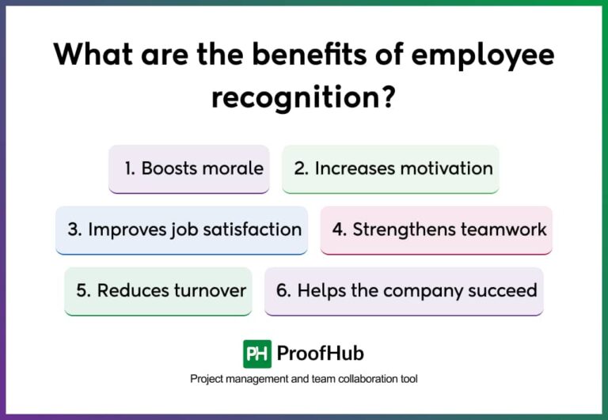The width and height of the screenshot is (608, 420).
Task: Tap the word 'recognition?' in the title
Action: pos(303,99)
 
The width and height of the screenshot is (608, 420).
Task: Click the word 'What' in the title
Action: pos(93,55)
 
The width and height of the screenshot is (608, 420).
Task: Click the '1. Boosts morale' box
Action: pos(188,168)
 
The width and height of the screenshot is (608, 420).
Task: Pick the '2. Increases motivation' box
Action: pos(390,168)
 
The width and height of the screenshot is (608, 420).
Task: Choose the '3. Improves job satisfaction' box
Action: pos(181,230)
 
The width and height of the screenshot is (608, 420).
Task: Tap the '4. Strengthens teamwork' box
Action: pos(436,230)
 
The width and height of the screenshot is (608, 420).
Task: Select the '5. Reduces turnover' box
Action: pos(158,290)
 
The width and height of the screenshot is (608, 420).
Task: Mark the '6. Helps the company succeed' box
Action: pos(404,290)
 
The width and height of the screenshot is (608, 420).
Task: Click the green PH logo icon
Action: pos(256,354)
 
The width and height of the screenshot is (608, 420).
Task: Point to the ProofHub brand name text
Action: pos(321,354)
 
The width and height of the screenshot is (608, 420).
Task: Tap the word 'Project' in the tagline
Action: pos(207,379)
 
